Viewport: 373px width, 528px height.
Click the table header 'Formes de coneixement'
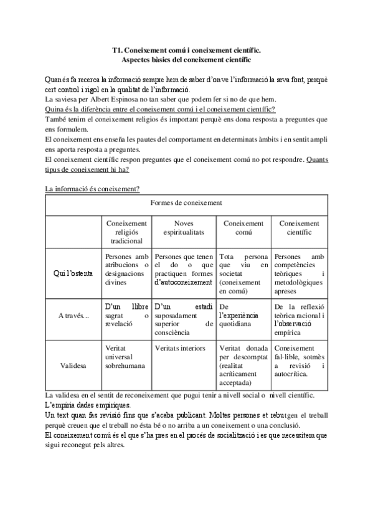coord(186,203)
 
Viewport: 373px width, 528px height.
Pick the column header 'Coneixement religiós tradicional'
coord(126,232)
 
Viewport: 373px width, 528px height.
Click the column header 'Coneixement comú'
coord(243,227)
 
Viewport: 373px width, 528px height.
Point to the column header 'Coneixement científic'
coord(299,227)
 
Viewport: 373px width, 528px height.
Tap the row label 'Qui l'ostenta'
coord(75,273)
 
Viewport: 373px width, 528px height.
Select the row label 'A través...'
coord(74,316)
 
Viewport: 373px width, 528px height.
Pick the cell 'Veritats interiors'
coord(180,348)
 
